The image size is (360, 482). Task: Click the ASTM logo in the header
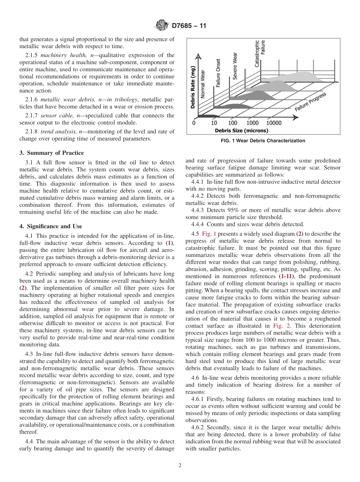pyautogui.click(x=162, y=26)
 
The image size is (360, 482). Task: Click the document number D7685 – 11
pyautogui.click(x=189, y=26)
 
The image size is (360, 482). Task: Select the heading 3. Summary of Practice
pyautogui.click(x=52, y=153)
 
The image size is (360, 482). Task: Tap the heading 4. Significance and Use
pyautogui.click(x=51, y=226)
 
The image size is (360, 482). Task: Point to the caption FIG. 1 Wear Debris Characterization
pyautogui.click(x=263, y=141)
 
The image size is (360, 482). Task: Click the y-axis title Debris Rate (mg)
pyautogui.click(x=193, y=87)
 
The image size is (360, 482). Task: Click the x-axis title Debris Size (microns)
pyautogui.click(x=241, y=131)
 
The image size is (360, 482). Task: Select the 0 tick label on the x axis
pyautogui.click(x=194, y=123)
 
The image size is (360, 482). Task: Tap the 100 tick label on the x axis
pyautogui.click(x=233, y=123)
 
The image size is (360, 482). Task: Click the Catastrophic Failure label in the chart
pyautogui.click(x=260, y=54)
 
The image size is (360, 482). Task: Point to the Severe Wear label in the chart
pyautogui.click(x=235, y=66)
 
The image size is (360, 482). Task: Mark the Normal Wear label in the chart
pyautogui.click(x=203, y=84)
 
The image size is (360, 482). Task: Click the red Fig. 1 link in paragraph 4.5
pyautogui.click(x=209, y=234)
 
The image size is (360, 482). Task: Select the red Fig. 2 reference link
pyautogui.click(x=275, y=326)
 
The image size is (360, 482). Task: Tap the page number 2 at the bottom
pyautogui.click(x=180, y=465)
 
